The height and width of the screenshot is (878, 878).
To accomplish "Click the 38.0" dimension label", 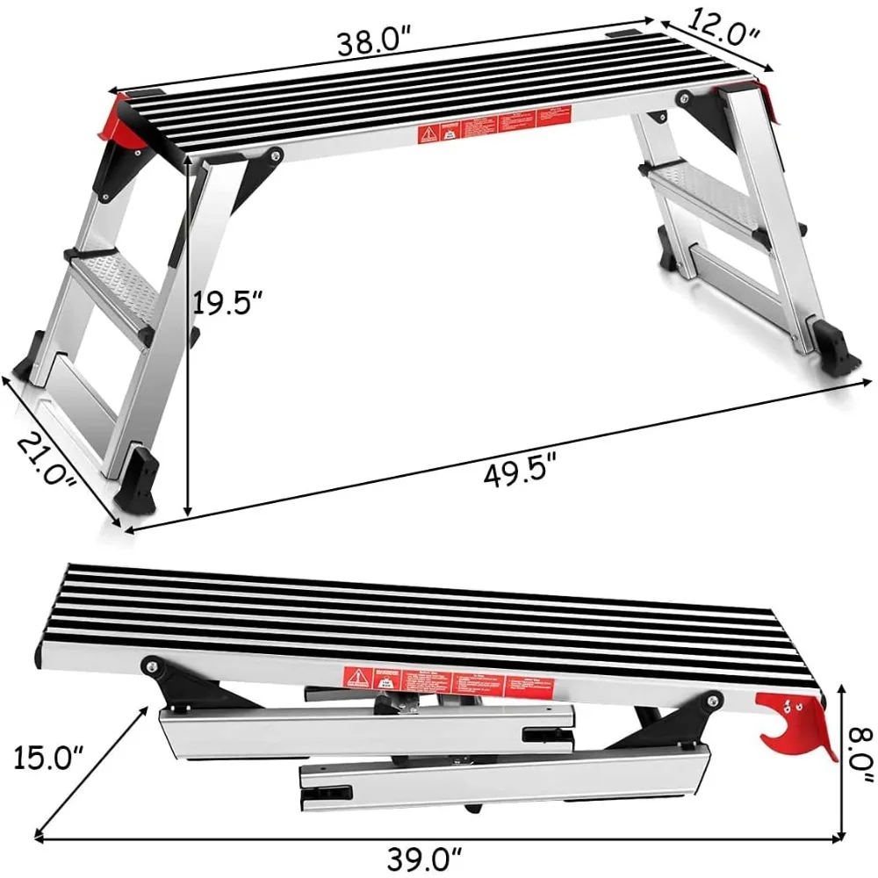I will pyautogui.click(x=375, y=42).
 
